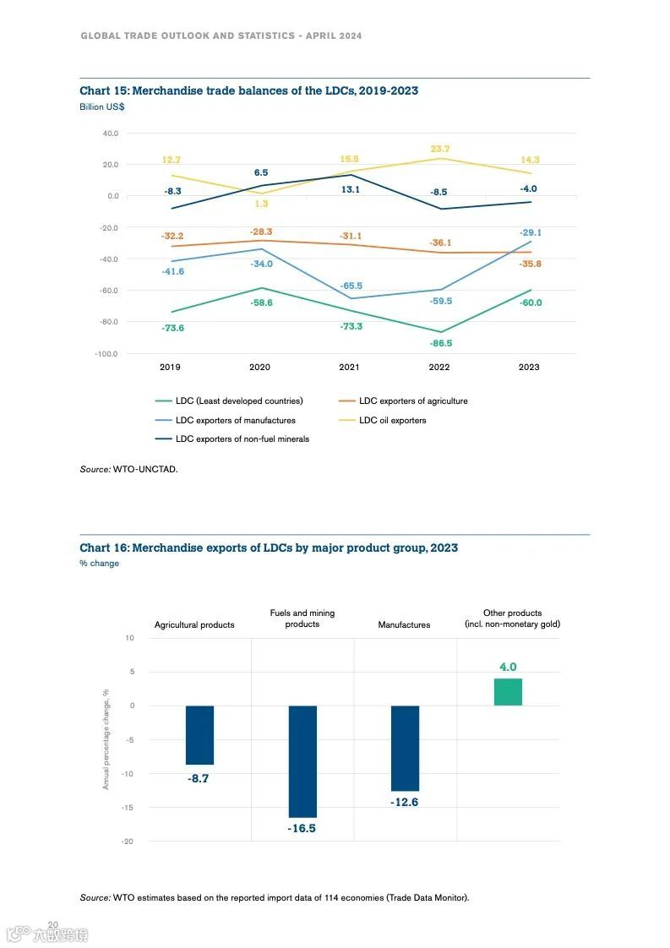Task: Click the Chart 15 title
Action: (248, 91)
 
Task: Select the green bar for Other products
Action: (508, 691)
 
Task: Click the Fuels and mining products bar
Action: (302, 760)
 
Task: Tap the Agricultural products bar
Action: (199, 734)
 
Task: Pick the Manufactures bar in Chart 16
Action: (405, 748)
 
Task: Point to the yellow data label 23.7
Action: (439, 149)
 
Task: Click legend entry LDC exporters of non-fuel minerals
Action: (242, 439)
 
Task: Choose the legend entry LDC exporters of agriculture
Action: (412, 401)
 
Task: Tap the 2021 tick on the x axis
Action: (349, 368)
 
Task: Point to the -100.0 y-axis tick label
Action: (106, 353)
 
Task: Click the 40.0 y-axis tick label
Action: (110, 133)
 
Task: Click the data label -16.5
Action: (302, 829)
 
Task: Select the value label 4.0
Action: (508, 667)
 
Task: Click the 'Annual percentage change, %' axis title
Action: (106, 739)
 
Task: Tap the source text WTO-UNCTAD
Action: (144, 468)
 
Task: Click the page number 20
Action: (52, 924)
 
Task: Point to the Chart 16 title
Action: (269, 548)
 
